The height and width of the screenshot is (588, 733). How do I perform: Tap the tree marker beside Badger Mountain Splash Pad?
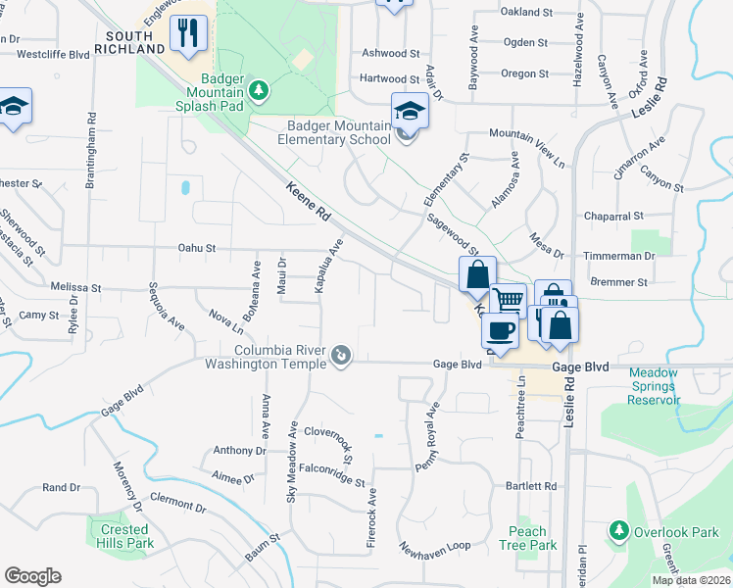coord(259,91)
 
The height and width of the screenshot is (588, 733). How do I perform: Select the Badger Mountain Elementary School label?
coord(339,132)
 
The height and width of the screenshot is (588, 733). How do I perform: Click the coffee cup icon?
coord(502,330)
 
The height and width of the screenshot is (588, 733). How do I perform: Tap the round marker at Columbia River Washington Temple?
coord(341,354)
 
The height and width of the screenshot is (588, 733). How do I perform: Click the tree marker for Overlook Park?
coord(618,530)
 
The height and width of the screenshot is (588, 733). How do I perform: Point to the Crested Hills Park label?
coord(124,536)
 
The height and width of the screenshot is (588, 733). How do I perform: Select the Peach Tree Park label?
coord(527,538)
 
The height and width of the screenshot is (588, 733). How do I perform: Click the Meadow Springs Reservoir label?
coord(654,386)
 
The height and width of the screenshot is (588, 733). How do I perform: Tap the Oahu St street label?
coord(196,249)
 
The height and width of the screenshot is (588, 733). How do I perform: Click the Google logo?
coord(32,575)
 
